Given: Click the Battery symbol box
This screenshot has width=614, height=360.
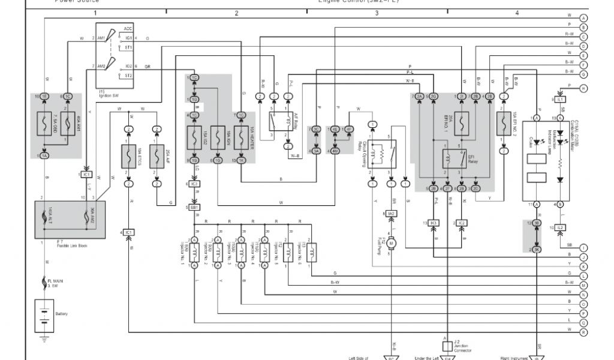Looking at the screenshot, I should [x=44, y=314].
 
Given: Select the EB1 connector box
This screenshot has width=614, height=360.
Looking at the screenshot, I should [x=195, y=207].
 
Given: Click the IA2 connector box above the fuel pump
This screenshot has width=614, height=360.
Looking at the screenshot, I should [x=391, y=214].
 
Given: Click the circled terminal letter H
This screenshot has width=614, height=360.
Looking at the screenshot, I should [x=583, y=88].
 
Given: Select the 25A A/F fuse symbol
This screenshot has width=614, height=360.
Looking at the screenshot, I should [x=156, y=157].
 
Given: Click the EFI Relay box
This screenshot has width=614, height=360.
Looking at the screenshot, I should [x=455, y=159].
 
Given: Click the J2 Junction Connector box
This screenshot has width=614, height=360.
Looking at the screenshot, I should [x=447, y=346].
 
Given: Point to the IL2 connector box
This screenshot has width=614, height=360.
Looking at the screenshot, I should [x=560, y=227].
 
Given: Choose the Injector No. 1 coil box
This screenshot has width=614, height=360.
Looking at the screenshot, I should [x=195, y=253].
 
